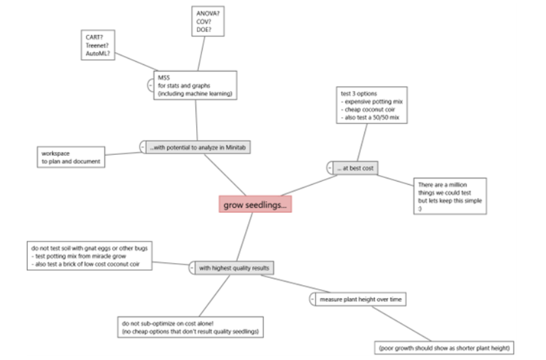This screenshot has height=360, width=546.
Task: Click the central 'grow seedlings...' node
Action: (255, 204)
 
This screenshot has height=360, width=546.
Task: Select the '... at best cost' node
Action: (355, 169)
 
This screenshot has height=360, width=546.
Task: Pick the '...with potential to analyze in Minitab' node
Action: (198, 148)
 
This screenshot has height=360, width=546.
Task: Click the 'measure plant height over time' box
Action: (361, 299)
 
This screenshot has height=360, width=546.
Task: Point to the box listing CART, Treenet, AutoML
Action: (98, 45)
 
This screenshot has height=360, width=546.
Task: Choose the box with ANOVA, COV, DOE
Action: (208, 21)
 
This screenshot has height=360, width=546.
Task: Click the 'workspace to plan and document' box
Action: (71, 158)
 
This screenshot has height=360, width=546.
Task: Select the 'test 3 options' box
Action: (372, 105)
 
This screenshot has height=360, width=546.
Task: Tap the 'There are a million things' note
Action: (450, 196)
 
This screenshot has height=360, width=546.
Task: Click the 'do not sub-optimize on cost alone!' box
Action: (190, 327)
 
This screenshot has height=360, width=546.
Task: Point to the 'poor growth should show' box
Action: (444, 348)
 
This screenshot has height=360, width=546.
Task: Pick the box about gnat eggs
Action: (89, 256)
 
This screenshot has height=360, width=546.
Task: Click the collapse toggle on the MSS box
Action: (151, 85)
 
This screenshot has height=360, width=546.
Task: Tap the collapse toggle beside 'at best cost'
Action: (330, 169)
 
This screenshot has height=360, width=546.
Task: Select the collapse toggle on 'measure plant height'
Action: (312, 299)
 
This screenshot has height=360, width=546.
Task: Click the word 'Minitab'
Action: (236, 148)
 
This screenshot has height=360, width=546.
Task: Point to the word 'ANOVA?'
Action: (208, 14)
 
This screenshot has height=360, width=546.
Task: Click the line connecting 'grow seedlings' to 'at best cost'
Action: (309, 186)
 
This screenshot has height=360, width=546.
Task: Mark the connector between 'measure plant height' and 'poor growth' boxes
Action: (401, 324)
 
